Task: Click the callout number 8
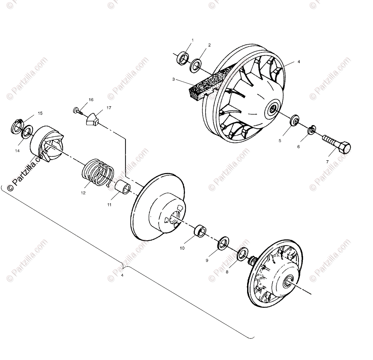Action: click(227, 271)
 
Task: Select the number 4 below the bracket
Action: click(122, 275)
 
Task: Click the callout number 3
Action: click(173, 79)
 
